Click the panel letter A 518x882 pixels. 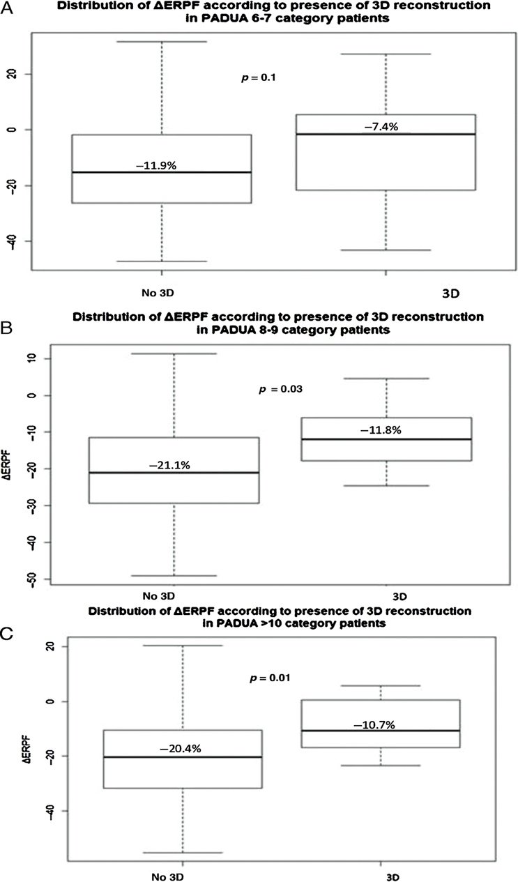click(x=7, y=8)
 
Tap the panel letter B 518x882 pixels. click(x=7, y=328)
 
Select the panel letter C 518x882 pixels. click(x=8, y=634)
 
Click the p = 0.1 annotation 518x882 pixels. click(x=258, y=77)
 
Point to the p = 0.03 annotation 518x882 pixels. click(x=281, y=390)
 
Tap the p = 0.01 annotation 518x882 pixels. click(x=270, y=678)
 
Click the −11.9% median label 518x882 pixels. click(x=156, y=166)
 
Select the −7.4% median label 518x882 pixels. click(x=381, y=127)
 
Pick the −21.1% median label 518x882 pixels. click(x=169, y=466)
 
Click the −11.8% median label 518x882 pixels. click(x=381, y=430)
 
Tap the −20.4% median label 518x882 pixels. click(x=181, y=749)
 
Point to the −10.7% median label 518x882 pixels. click(x=374, y=725)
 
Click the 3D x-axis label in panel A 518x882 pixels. click(x=450, y=294)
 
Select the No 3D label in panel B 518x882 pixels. click(x=158, y=595)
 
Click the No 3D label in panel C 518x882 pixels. click(x=168, y=877)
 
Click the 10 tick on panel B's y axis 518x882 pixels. click(x=32, y=358)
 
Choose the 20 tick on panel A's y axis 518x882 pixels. click(x=14, y=74)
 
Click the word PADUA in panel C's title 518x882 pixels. click(x=232, y=623)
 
